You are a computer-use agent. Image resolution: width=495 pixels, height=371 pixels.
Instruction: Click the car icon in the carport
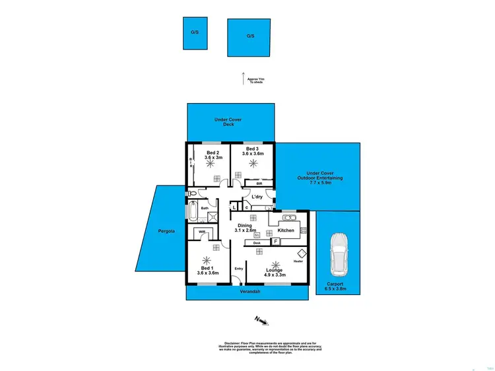coord(339,254)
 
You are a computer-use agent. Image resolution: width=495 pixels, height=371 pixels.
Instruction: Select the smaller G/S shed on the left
coord(195,33)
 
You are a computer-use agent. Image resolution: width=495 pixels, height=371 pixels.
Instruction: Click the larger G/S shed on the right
coord(249,37)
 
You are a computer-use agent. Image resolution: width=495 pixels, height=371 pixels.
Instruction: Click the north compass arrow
coord(261,321)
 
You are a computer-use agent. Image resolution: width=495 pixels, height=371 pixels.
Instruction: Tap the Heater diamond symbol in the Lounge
coord(302,253)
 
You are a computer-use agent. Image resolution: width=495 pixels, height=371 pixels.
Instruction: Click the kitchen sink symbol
coord(288,217)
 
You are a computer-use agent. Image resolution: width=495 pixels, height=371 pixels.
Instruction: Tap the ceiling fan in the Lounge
coord(275,262)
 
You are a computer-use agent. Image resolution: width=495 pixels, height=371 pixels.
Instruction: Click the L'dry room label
coord(257,196)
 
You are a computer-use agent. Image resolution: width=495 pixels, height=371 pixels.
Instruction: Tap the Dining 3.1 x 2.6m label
coord(247,228)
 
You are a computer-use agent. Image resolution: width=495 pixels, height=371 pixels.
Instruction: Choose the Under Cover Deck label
coord(228,121)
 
